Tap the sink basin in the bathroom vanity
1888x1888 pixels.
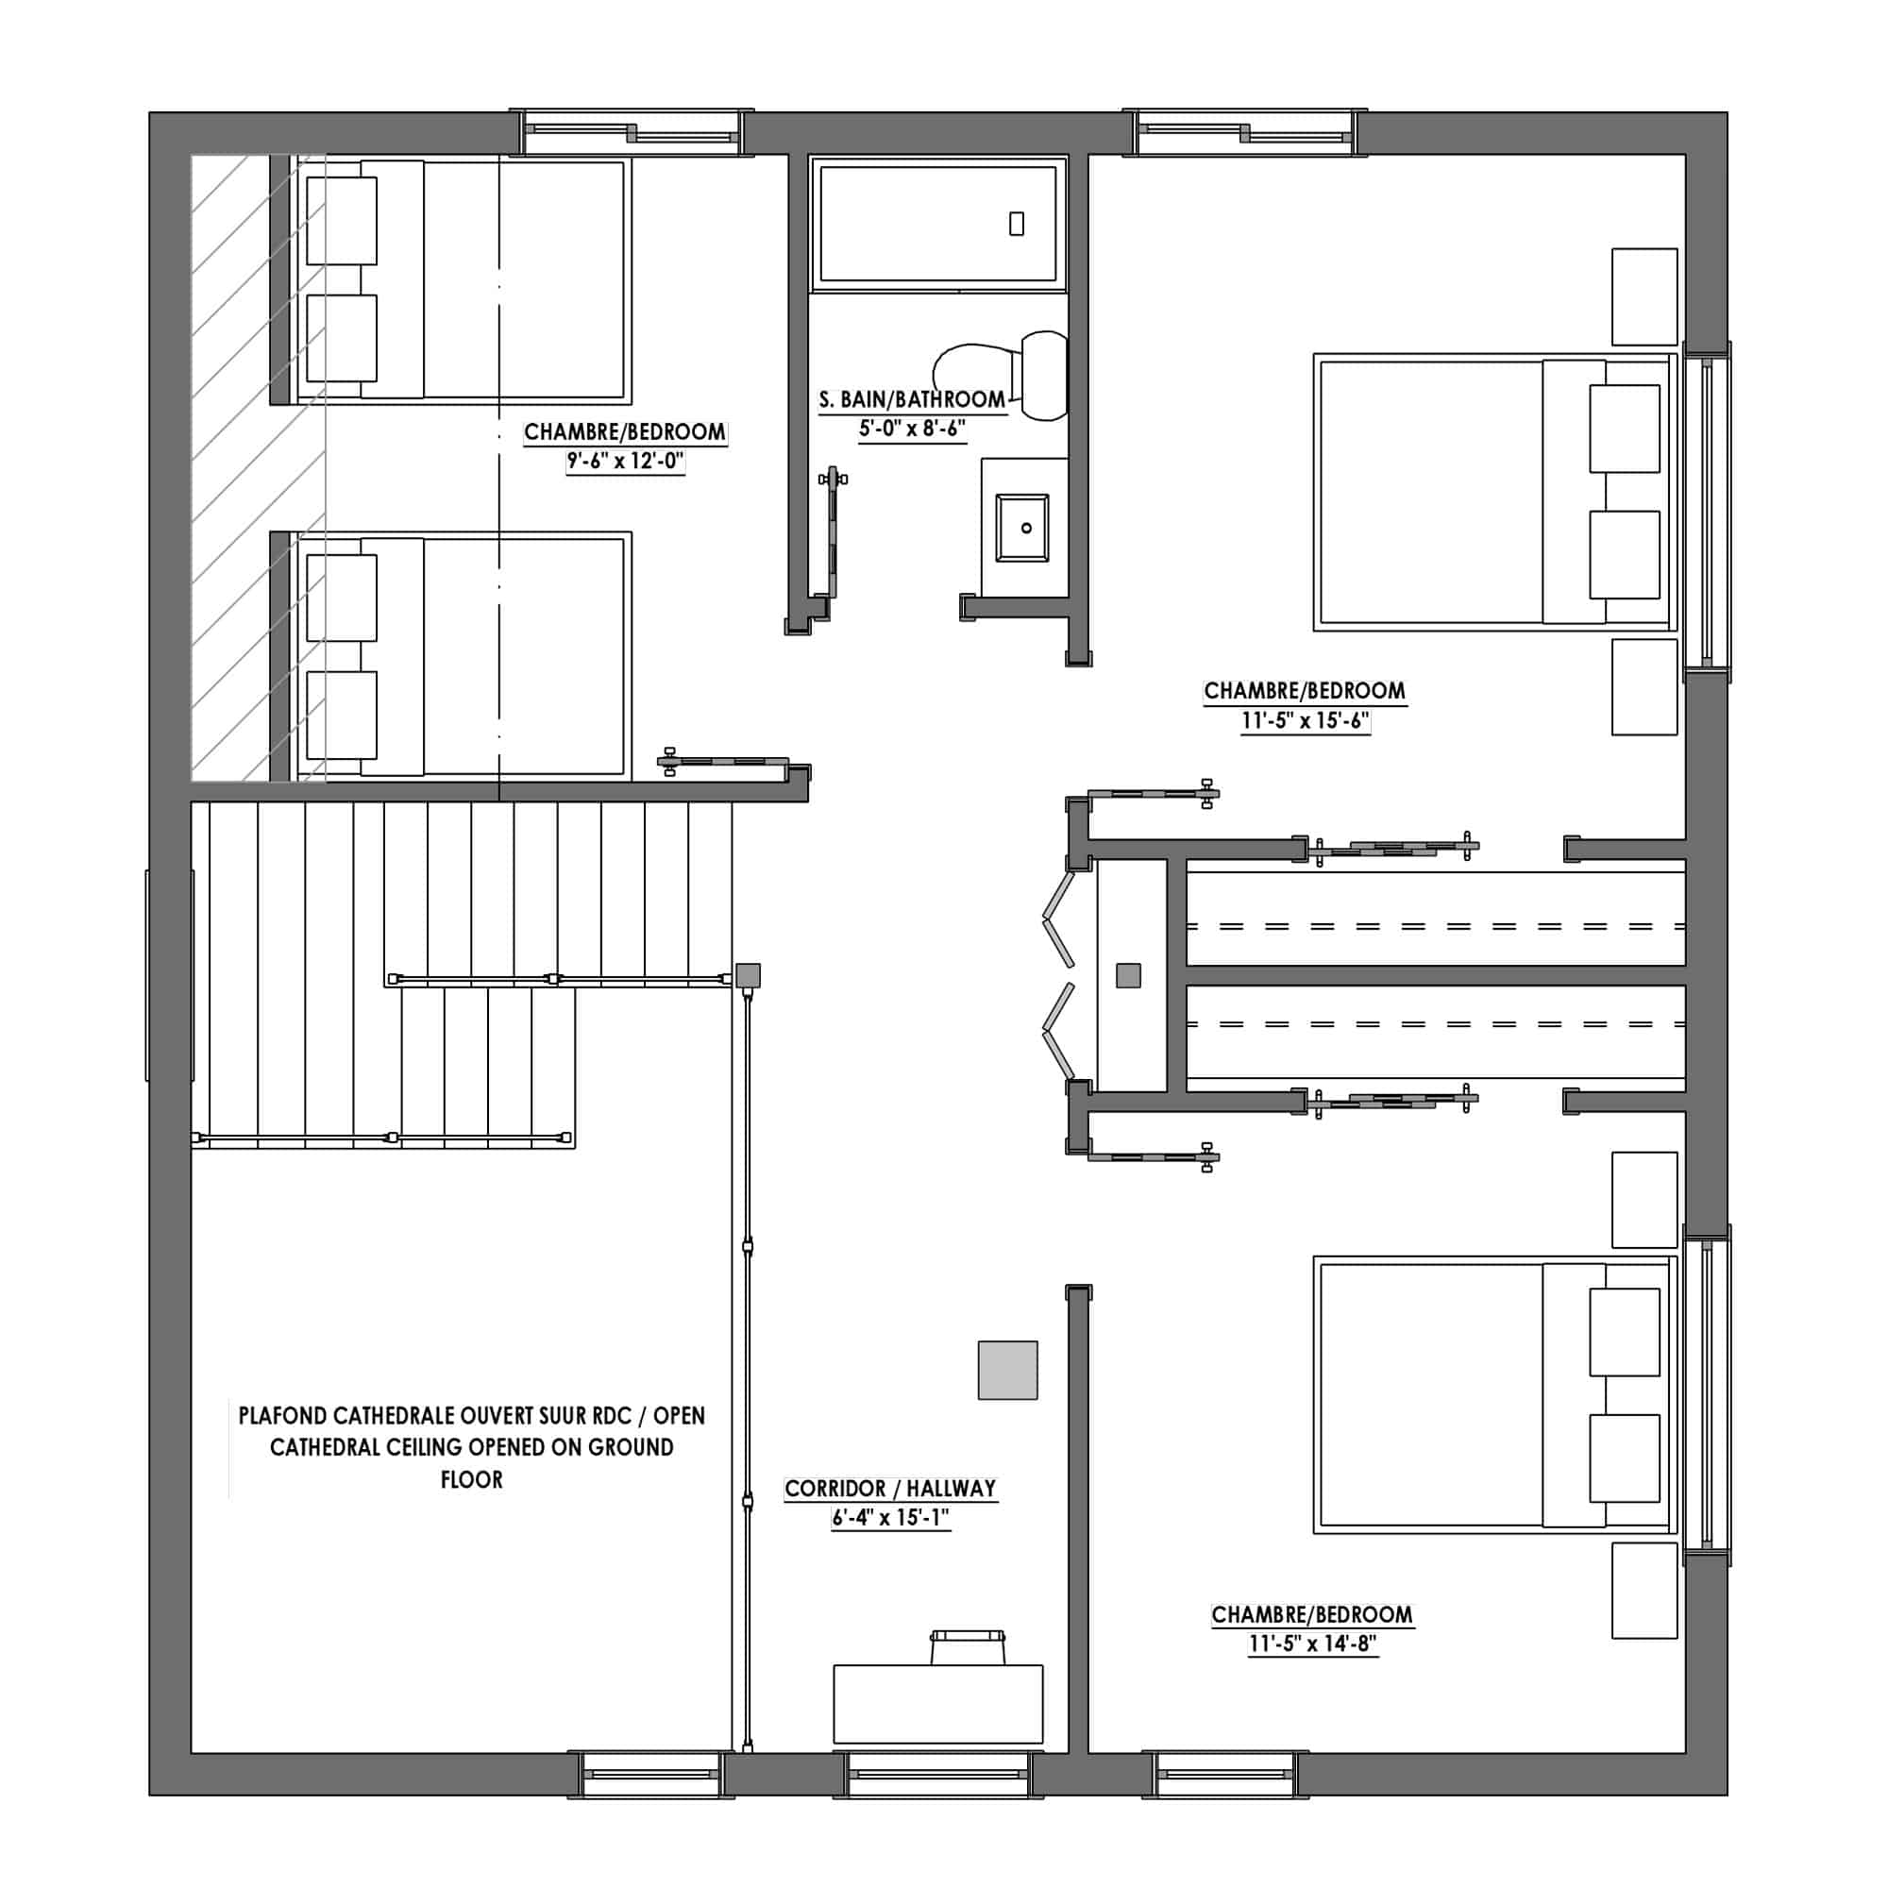(1022, 528)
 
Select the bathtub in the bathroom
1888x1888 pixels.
(938, 224)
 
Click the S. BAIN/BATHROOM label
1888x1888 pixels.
(912, 398)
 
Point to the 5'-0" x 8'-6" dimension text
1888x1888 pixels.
(912, 428)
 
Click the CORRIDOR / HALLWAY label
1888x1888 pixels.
(890, 1489)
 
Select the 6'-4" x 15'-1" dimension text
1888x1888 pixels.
(890, 1518)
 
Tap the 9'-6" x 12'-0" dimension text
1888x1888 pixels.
(624, 462)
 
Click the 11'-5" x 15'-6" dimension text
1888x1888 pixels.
(1305, 721)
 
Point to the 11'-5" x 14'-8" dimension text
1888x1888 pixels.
(1312, 1644)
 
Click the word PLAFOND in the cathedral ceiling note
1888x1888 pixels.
(282, 1415)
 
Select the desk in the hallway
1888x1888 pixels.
(938, 1704)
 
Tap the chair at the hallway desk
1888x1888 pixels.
(969, 1647)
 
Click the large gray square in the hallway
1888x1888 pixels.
(1007, 1370)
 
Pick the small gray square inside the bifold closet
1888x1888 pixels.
(1129, 975)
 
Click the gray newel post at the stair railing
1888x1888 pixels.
(748, 975)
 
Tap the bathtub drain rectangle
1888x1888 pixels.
(1017, 224)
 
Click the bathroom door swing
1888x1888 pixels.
(833, 532)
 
